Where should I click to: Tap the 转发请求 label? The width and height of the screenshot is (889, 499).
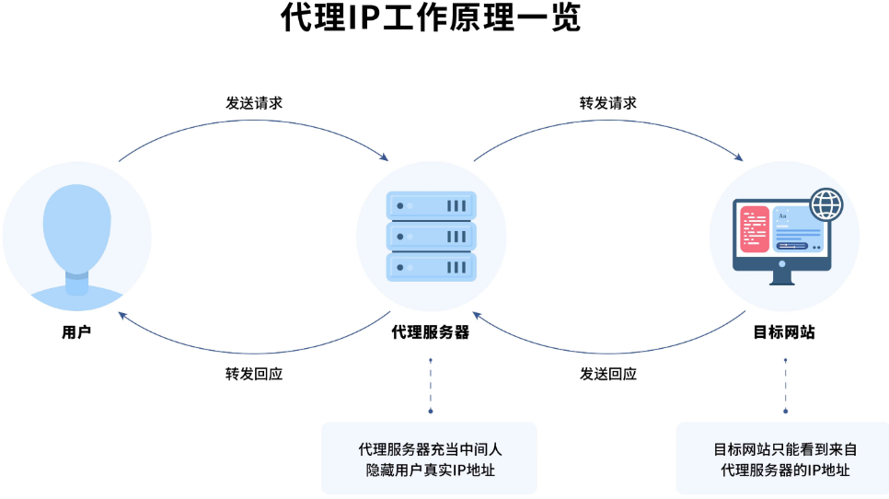point(607,102)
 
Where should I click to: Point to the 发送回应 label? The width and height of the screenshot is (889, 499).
point(607,374)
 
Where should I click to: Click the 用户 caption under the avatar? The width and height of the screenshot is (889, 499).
point(76,332)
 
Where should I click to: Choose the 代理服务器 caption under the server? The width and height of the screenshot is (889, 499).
point(431,332)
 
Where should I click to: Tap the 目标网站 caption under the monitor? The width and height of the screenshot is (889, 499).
point(785,332)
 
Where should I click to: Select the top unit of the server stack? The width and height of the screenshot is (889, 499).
point(431,205)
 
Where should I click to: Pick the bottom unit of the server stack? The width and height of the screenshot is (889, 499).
point(431,268)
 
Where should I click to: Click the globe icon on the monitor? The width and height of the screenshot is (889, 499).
point(825,203)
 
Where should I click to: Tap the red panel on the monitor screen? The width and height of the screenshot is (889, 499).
point(756,229)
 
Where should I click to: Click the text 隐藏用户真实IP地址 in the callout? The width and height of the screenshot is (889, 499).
point(431,470)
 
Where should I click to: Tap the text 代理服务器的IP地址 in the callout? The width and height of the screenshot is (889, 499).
point(785,470)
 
